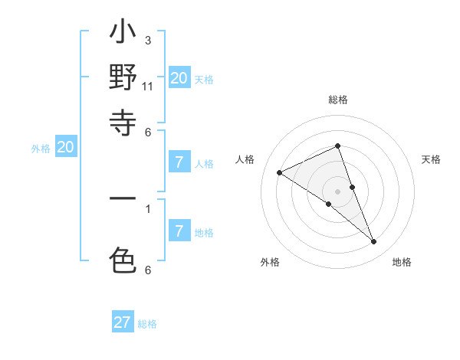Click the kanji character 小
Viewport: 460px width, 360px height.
[x=123, y=34]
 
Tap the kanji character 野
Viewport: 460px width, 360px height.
[x=123, y=78]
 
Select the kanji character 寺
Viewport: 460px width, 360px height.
[x=123, y=123]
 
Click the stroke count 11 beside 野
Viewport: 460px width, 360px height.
[x=148, y=86]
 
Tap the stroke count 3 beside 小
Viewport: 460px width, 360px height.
[x=148, y=40]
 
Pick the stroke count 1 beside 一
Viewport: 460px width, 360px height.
[x=148, y=208]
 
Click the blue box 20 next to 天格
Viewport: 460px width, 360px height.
[x=179, y=78]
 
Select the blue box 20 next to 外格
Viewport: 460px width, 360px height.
[x=66, y=148]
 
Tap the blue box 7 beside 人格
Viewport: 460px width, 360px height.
[x=179, y=162]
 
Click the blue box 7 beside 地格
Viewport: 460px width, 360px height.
[x=179, y=231]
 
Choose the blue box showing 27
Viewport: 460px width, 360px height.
[x=123, y=322]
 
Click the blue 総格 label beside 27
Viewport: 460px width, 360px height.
[x=147, y=324]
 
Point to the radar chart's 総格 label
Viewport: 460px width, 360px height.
[x=338, y=100]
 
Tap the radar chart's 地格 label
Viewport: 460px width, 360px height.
[x=402, y=262]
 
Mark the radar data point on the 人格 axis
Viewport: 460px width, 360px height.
[x=279, y=172]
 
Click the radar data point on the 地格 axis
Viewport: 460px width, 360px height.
[x=374, y=242]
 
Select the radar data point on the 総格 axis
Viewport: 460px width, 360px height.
[x=338, y=146]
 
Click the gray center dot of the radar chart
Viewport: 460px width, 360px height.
[x=338, y=191]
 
